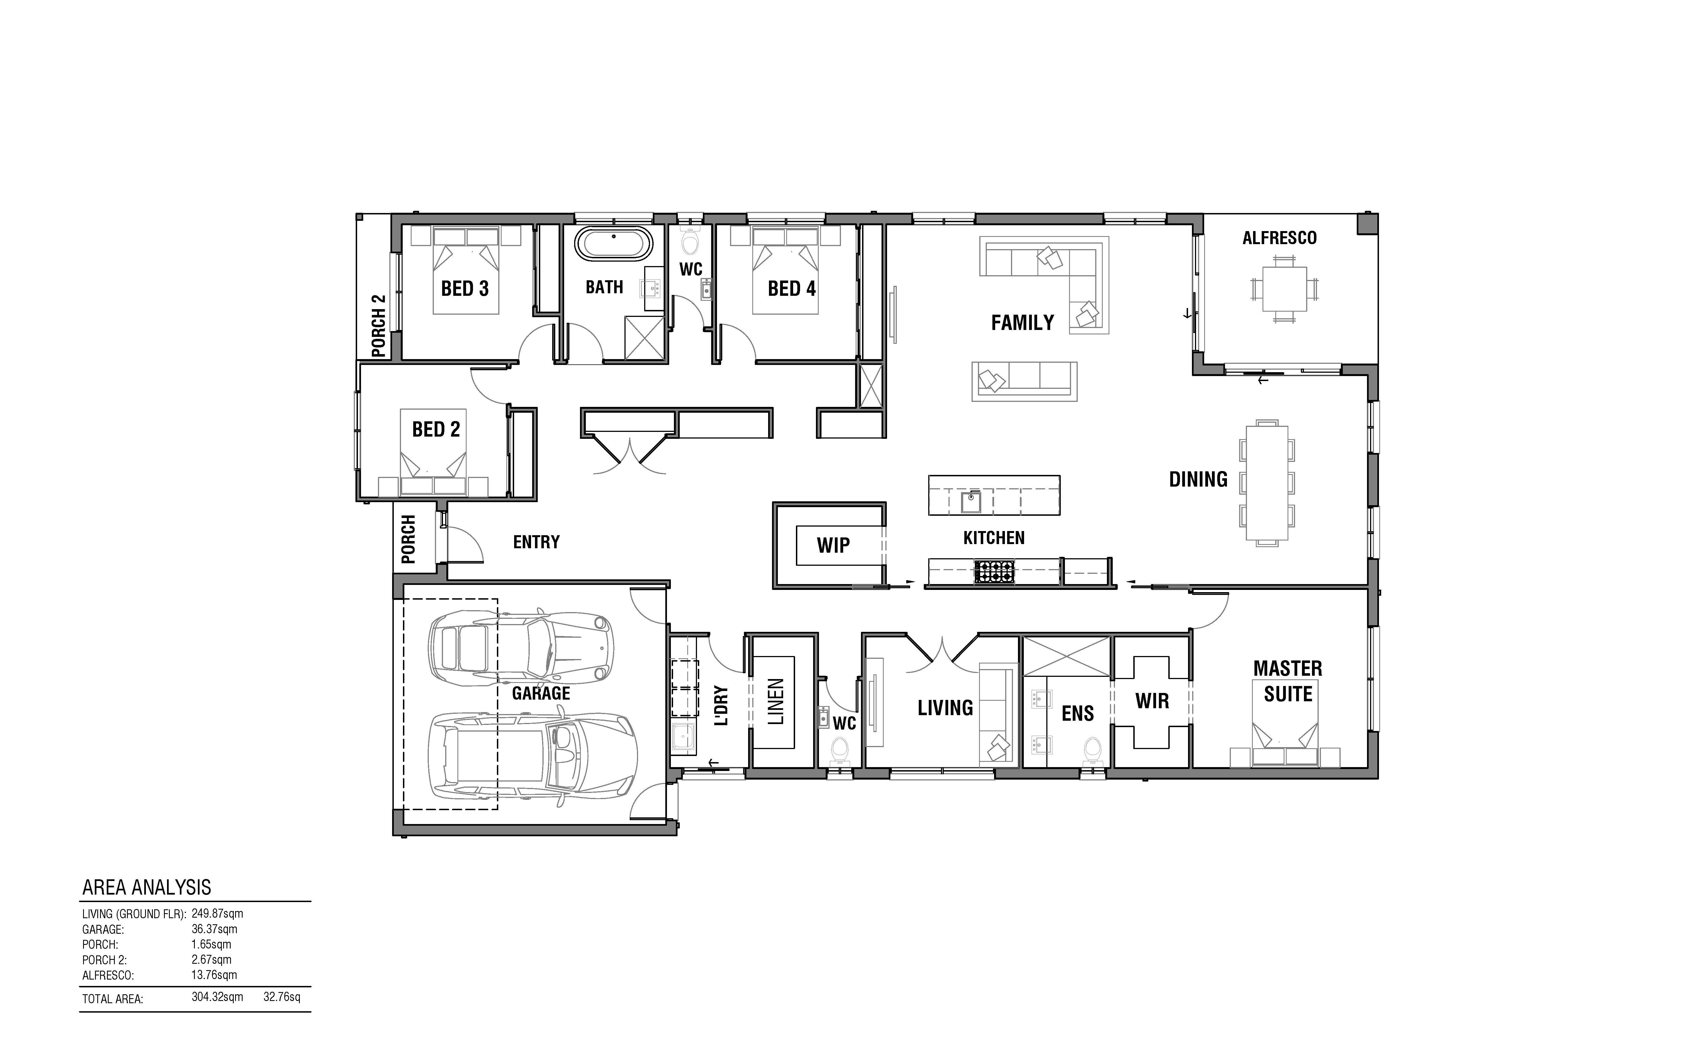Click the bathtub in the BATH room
coord(614,244)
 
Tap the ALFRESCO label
coord(1279,238)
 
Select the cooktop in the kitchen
coord(994,572)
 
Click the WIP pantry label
coord(833,545)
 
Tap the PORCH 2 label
coord(378,326)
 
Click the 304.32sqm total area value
coord(217,997)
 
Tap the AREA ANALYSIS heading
coord(146,887)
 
